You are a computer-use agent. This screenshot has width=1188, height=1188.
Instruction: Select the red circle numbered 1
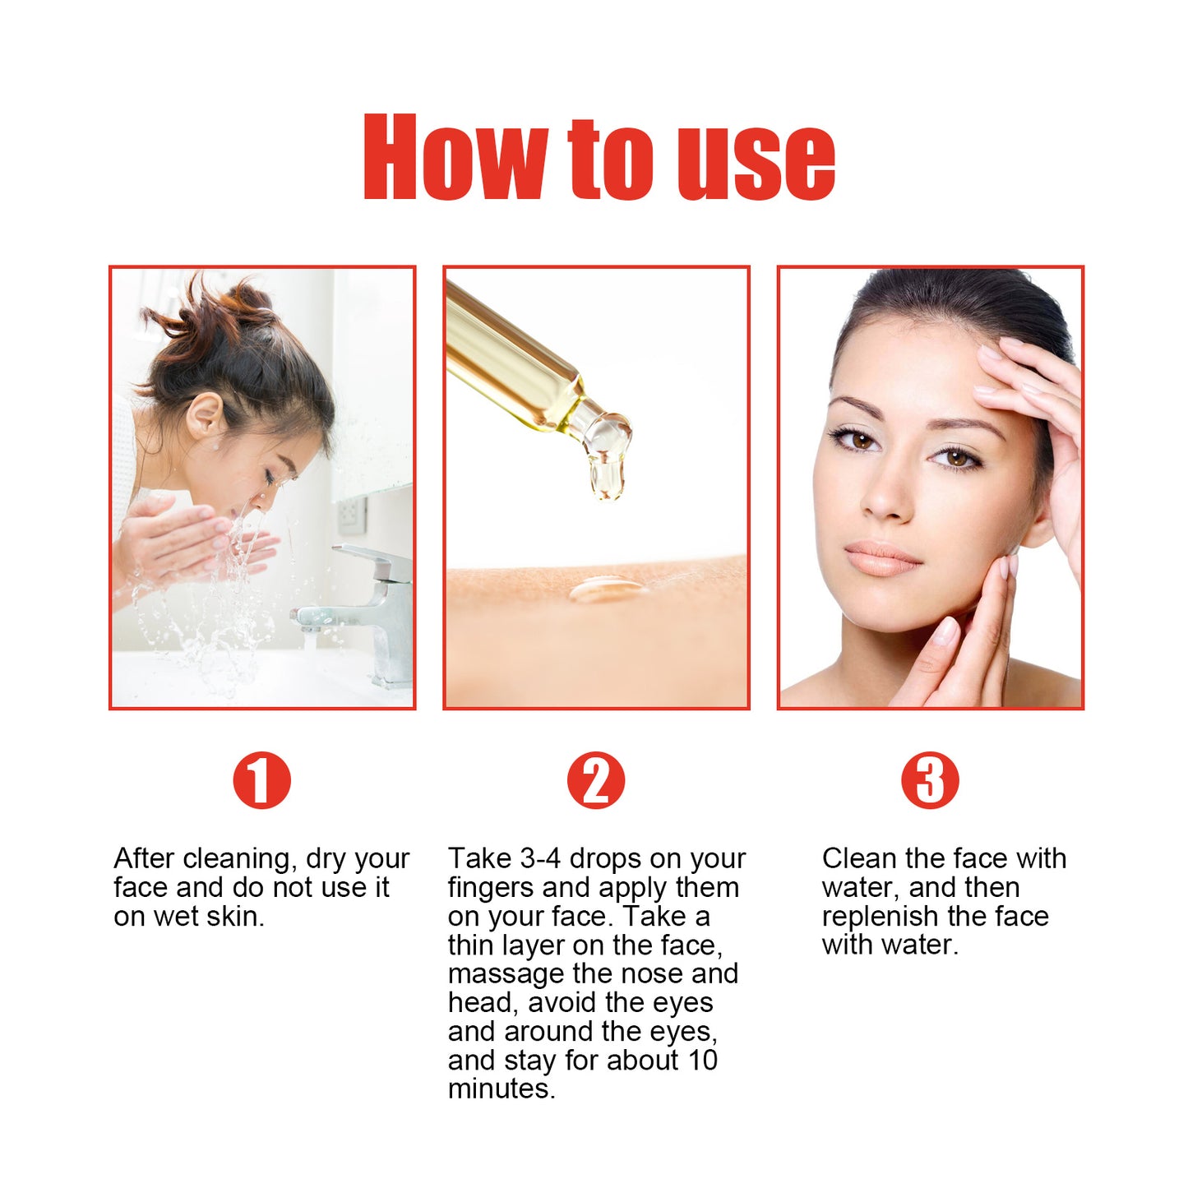point(261,779)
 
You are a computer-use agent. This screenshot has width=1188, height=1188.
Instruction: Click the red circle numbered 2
point(596,779)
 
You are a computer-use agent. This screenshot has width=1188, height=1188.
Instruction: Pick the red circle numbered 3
point(930,779)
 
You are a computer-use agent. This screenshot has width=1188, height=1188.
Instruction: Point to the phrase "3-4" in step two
point(540,859)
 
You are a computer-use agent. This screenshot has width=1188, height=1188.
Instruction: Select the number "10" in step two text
point(703,1061)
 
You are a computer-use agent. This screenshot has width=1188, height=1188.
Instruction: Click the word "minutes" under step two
point(500,1089)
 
